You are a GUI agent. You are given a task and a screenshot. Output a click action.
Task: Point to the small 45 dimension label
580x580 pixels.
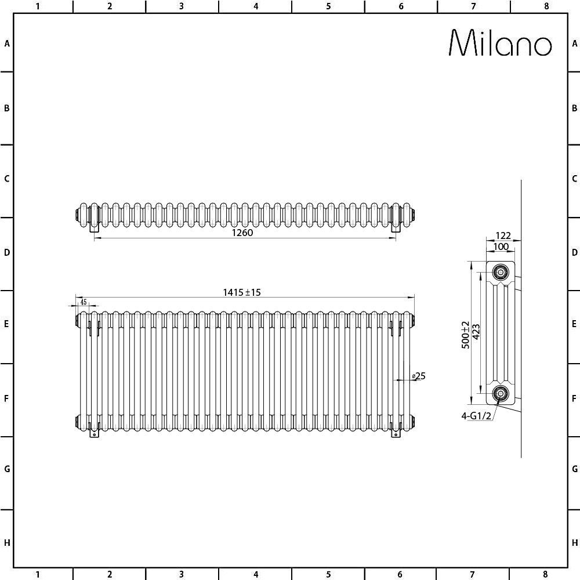pyautogui.click(x=84, y=302)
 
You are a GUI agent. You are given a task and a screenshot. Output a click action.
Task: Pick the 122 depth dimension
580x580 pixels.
pyautogui.click(x=502, y=235)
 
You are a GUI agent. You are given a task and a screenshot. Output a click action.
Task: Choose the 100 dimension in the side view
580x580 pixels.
pyautogui.click(x=501, y=247)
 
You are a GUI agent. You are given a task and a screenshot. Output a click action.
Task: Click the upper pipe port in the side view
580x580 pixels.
pyautogui.click(x=500, y=271)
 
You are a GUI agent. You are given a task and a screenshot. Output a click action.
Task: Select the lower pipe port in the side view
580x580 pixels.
pyautogui.click(x=500, y=394)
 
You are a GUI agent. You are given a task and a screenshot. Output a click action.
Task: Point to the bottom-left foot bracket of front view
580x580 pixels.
pyautogui.click(x=95, y=432)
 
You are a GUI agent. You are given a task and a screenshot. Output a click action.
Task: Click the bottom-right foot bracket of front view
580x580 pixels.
pyautogui.click(x=396, y=432)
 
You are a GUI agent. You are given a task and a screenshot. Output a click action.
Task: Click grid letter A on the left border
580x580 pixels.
pyautogui.click(x=7, y=43)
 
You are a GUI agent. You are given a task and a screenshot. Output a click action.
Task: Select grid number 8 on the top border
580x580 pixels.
pyautogui.click(x=546, y=6)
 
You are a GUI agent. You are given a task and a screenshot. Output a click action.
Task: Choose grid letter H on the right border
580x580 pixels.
pyautogui.click(x=574, y=543)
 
